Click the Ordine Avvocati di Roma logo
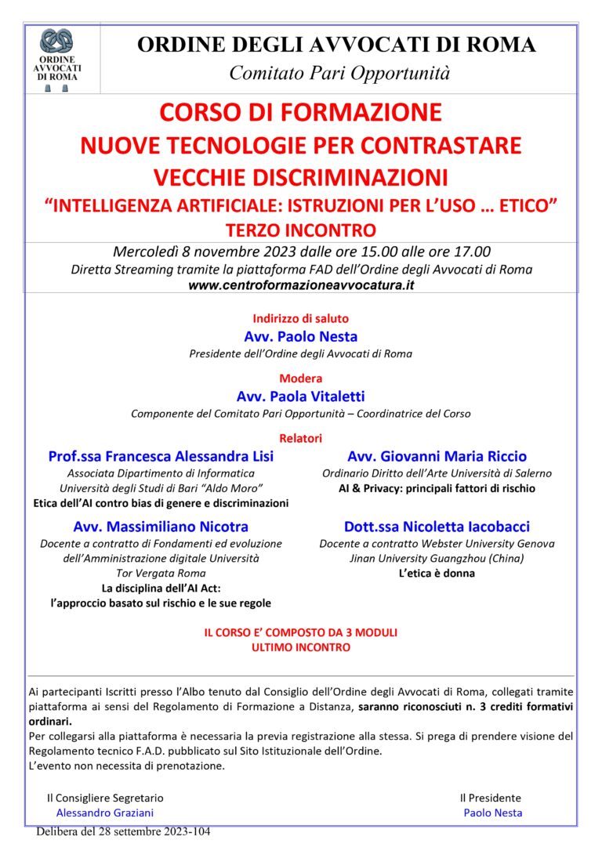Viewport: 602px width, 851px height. tap(56, 59)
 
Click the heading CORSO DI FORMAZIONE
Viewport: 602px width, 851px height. tap(301, 113)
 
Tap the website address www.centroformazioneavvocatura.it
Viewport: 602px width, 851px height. tap(301, 285)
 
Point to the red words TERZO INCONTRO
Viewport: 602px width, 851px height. tap(301, 230)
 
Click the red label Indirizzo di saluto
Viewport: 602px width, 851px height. tap(301, 319)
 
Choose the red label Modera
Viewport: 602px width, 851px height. tap(301, 378)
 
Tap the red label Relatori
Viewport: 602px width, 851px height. tap(301, 438)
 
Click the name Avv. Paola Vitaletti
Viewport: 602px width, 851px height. tap(301, 397)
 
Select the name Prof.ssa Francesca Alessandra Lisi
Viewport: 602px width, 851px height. tap(161, 456)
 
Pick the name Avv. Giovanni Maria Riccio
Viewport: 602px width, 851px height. tap(437, 456)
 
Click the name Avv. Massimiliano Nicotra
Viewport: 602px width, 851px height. tap(161, 526)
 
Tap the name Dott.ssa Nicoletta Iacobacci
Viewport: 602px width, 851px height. tap(437, 526)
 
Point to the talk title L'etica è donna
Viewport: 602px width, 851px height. tap(437, 574)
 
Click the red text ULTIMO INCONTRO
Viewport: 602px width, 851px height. tap(301, 647)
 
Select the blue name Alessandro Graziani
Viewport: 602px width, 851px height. tap(105, 813)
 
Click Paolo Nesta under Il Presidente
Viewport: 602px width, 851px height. tap(492, 813)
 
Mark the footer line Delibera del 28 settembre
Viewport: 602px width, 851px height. tap(123, 831)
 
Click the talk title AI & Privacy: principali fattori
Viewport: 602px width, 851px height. tap(437, 488)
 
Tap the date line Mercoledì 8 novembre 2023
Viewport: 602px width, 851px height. tap(301, 252)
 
